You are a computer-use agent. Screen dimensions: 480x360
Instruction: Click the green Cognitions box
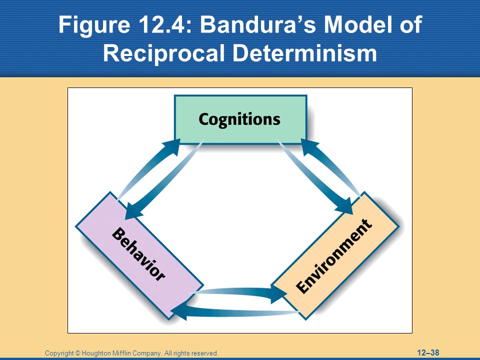(x=240, y=119)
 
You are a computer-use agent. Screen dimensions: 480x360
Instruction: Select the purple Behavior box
(x=139, y=256)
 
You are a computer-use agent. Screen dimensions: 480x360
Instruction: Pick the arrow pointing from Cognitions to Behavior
(x=164, y=180)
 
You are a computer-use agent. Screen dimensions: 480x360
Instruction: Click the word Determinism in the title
(x=304, y=52)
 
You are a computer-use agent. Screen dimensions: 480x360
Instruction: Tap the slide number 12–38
(x=428, y=352)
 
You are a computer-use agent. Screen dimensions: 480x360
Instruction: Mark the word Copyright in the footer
(x=59, y=353)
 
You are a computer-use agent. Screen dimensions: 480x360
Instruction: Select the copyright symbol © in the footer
(x=78, y=353)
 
